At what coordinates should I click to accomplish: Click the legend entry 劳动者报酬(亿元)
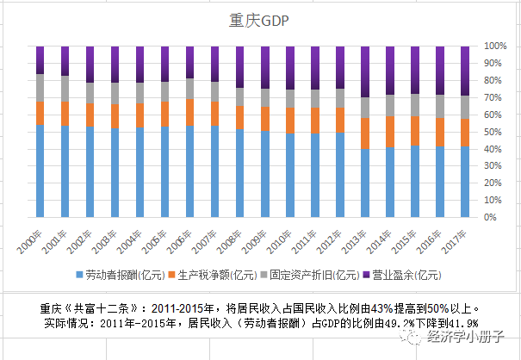(x=121, y=276)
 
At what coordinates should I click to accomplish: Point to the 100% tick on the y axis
(x=494, y=45)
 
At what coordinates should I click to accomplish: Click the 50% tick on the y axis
(x=494, y=132)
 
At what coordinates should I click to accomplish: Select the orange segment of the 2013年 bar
(x=365, y=133)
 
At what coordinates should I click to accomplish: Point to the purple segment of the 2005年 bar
(x=165, y=63)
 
